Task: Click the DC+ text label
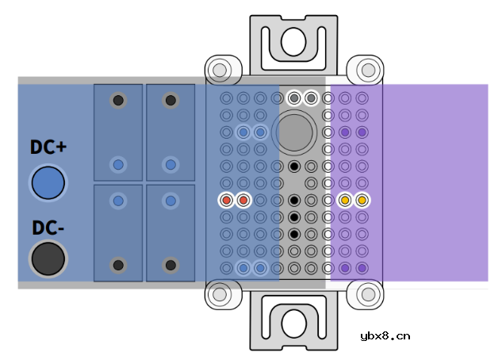[48, 147]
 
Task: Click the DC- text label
[48, 228]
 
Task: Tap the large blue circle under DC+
[48, 182]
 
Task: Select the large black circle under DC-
[48, 259]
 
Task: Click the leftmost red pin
[226, 201]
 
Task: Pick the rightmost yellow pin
[362, 201]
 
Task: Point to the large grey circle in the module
[294, 132]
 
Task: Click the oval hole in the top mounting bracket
[293, 42]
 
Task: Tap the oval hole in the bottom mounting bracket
[294, 324]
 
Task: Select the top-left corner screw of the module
[220, 70]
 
